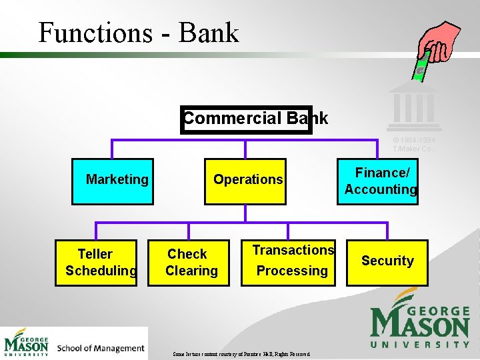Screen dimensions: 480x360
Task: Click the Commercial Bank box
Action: click(247, 119)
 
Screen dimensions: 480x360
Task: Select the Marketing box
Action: click(113, 181)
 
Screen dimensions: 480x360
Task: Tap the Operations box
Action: click(246, 181)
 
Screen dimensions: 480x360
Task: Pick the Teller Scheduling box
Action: click(96, 263)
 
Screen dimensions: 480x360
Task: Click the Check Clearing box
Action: click(189, 263)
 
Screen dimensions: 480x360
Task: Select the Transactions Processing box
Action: click(289, 263)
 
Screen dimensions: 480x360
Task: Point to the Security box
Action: click(387, 261)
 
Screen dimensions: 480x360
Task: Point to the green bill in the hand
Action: click(421, 67)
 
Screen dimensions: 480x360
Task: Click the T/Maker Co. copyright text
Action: click(414, 145)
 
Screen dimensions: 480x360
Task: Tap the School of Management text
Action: click(101, 348)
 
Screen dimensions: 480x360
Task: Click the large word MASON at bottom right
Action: click(420, 325)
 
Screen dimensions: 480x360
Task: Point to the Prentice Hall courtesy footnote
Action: click(241, 354)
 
